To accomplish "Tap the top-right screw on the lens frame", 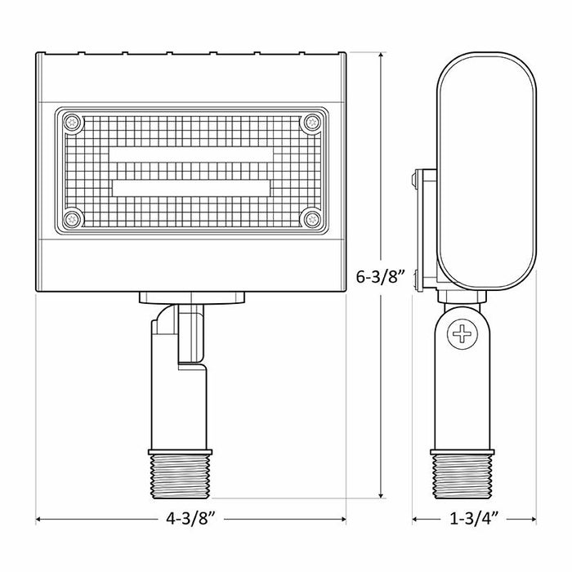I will tap(311, 123).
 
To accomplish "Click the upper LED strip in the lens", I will tap(192, 155).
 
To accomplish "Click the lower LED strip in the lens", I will tap(192, 187).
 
